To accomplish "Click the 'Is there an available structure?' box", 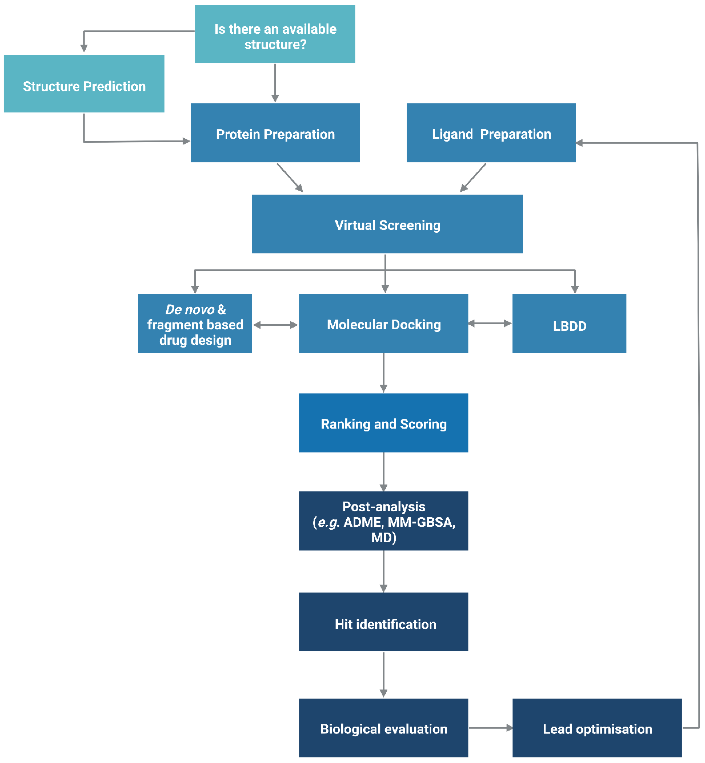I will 275,34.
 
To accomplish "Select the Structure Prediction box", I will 84,84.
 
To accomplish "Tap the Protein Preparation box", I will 275,133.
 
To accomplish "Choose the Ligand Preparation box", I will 491,133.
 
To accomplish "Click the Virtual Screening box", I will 387,224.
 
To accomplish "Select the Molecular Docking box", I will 383,323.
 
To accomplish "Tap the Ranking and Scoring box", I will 383,423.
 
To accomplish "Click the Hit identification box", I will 383,622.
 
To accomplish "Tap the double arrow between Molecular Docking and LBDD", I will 490,324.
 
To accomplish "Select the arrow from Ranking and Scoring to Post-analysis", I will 383,472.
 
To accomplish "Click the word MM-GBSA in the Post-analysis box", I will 421,522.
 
